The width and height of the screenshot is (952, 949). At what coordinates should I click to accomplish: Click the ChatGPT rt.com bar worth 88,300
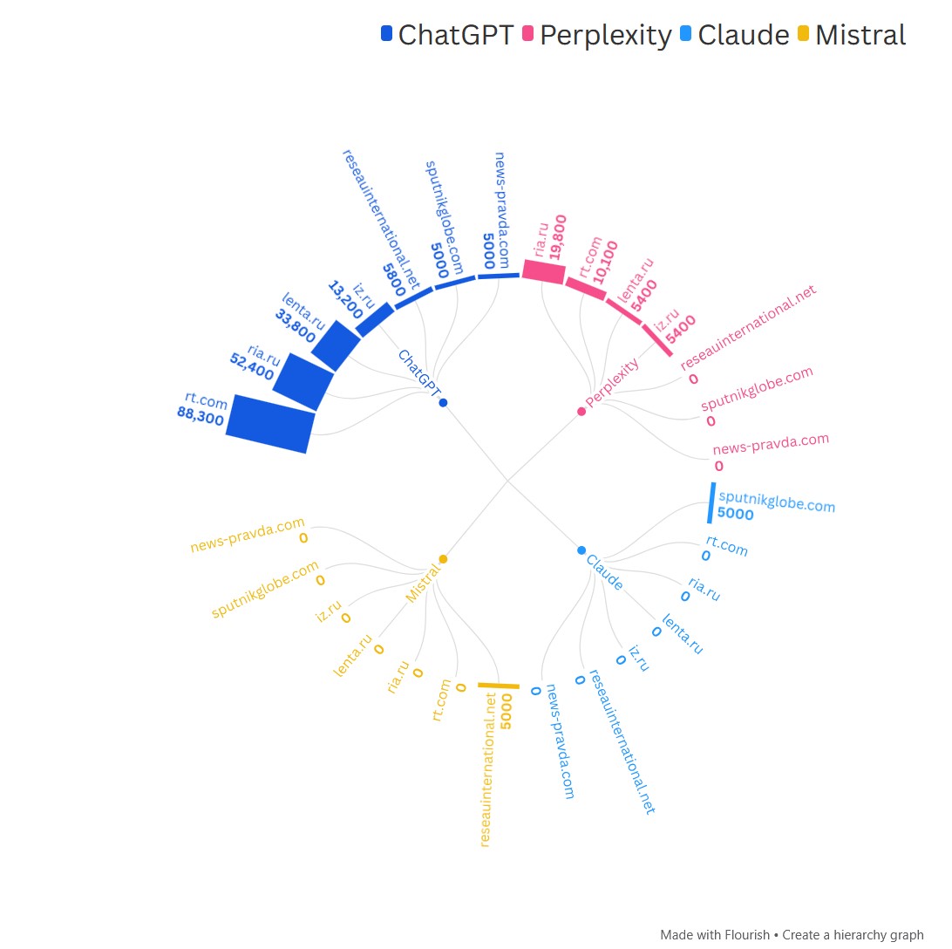click(269, 423)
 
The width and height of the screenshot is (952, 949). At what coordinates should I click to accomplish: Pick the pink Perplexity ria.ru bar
click(544, 271)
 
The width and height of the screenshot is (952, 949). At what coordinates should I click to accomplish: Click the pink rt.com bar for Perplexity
click(585, 288)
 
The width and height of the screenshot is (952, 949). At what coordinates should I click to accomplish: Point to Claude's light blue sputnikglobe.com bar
click(711, 503)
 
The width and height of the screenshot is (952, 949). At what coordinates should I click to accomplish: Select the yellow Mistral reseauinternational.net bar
click(498, 686)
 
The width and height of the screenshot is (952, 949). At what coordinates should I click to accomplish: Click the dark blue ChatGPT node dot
click(443, 402)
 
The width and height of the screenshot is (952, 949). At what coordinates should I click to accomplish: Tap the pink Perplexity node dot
click(581, 411)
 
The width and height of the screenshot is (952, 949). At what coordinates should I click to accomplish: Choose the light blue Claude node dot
click(581, 550)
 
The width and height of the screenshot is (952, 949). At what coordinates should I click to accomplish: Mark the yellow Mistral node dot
click(443, 558)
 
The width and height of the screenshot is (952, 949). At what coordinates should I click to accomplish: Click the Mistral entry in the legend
click(860, 36)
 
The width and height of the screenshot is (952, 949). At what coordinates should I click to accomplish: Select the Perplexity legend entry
click(605, 36)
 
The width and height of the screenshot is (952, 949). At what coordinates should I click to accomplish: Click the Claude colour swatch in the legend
click(685, 35)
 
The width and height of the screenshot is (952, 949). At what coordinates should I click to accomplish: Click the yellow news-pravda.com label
click(248, 536)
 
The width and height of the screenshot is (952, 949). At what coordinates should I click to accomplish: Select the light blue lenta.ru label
click(682, 634)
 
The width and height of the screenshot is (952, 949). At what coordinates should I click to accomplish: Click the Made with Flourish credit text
click(715, 934)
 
